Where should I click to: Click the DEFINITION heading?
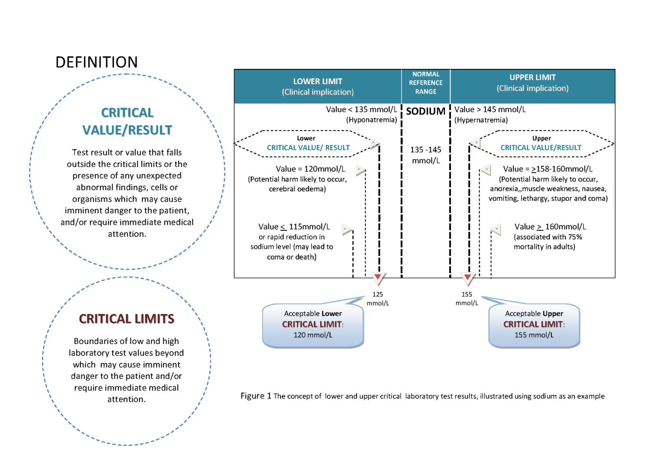[x=97, y=62]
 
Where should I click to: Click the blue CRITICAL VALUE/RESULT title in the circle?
[x=127, y=122]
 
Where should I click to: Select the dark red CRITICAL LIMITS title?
[x=127, y=319]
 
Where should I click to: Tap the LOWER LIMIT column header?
[x=317, y=81]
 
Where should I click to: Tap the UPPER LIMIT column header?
[x=532, y=78]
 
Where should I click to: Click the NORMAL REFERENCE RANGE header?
[x=426, y=83]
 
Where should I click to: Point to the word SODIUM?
[x=426, y=111]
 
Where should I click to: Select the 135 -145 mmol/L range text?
[x=426, y=155]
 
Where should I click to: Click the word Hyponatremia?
[x=371, y=120]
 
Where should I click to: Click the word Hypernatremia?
[x=481, y=120]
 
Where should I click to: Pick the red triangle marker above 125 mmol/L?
[x=378, y=277]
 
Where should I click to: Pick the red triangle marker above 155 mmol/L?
[x=468, y=277]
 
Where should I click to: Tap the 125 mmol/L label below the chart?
[x=377, y=299]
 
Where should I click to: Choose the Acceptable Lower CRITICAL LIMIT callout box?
[x=313, y=325]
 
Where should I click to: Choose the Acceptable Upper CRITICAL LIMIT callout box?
[x=534, y=325]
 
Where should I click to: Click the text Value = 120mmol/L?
[x=310, y=169]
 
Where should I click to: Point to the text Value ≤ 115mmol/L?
[x=294, y=227]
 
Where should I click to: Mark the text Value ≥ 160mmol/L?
[x=550, y=227]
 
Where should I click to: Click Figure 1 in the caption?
[x=256, y=396]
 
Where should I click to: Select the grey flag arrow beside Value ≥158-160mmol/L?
[x=485, y=169]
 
